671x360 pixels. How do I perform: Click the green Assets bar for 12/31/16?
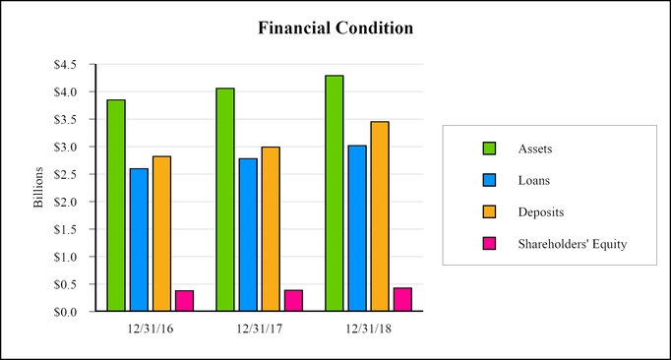click(x=116, y=206)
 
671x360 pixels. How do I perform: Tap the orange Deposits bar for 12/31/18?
click(x=379, y=216)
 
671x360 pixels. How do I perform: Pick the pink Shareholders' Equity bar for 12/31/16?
click(x=184, y=301)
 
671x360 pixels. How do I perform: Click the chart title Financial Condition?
click(x=335, y=29)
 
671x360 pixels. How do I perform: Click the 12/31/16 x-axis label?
click(x=151, y=329)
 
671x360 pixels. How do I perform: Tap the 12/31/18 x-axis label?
click(x=368, y=329)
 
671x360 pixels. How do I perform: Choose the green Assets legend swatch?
click(x=488, y=149)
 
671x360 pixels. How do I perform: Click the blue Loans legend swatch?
click(x=488, y=180)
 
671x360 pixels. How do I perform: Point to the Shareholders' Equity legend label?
click(x=572, y=244)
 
